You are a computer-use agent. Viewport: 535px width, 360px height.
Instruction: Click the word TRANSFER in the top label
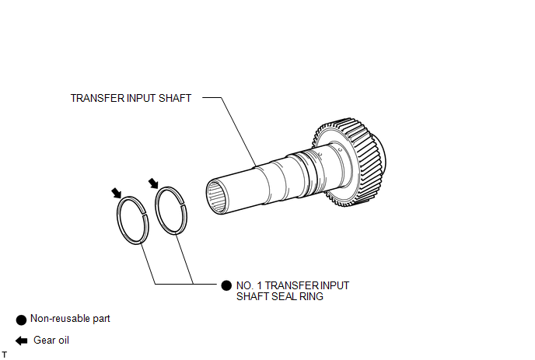point(97,98)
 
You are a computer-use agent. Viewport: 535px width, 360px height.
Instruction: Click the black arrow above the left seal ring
point(117,193)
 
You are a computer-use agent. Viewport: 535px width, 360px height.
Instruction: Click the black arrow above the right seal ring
point(153,183)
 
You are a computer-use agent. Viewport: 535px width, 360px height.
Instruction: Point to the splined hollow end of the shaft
point(217,197)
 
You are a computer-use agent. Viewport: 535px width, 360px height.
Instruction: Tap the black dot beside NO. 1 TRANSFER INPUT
point(226,285)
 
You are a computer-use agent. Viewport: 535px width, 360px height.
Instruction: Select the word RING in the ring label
point(312,296)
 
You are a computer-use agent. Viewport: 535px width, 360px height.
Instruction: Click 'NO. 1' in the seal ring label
point(250,285)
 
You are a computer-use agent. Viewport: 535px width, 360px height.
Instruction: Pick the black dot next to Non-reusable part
point(21,320)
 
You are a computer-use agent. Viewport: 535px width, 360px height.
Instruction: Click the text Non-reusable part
point(70,318)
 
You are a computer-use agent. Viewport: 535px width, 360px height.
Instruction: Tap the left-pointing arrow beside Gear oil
point(22,341)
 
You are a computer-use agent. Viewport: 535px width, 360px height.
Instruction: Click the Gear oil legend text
point(51,341)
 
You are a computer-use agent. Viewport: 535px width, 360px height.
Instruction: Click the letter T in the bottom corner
point(4,355)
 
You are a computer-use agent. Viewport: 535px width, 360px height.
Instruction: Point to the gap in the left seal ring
point(144,215)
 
